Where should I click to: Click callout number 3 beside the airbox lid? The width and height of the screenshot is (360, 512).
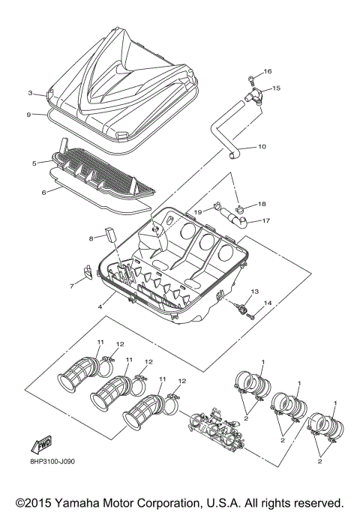[31, 94]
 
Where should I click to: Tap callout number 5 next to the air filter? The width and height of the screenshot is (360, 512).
[34, 163]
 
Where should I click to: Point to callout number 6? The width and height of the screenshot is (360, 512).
[44, 192]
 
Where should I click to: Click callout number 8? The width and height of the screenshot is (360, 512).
[91, 238]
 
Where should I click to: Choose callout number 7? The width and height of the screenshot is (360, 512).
[73, 286]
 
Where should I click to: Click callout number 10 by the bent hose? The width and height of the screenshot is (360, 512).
[262, 146]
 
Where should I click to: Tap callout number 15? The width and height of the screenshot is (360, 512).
[276, 88]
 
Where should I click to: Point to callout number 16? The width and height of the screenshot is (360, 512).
[268, 72]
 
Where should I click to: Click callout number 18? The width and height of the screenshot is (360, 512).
[262, 204]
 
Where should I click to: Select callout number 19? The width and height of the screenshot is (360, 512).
[199, 212]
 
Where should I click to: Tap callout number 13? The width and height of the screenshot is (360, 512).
[254, 290]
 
